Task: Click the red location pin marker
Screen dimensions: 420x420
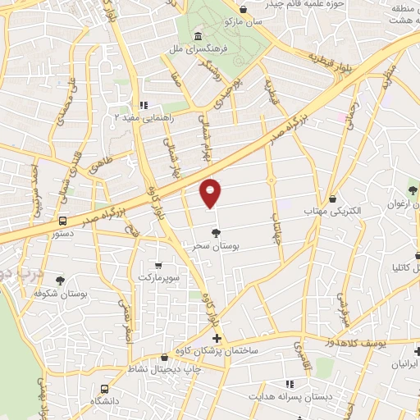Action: tap(211, 194)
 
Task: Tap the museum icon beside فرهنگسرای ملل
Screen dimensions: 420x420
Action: tap(199, 36)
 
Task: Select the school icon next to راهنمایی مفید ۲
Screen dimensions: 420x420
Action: tap(144, 105)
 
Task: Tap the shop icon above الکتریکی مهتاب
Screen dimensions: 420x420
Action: tap(332, 199)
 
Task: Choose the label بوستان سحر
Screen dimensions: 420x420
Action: tap(216, 246)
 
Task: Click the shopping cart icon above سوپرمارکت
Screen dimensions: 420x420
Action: tap(157, 265)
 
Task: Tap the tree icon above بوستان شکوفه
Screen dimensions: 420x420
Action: tap(60, 281)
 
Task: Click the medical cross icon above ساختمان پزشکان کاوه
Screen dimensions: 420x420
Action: tap(217, 338)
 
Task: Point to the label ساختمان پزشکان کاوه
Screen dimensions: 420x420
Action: tap(217, 350)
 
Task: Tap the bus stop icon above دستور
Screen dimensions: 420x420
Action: tap(63, 221)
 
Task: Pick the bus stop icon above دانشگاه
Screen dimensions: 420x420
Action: tap(103, 389)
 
